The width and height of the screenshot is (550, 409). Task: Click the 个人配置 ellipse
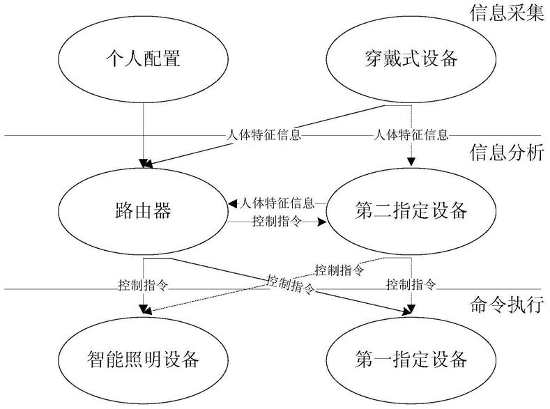tap(142, 59)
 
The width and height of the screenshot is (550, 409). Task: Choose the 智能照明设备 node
tap(142, 360)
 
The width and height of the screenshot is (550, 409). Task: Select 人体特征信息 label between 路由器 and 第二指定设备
tap(277, 204)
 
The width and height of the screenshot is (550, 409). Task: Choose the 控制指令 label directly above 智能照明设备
tap(142, 285)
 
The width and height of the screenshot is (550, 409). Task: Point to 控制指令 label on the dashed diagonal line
tap(339, 269)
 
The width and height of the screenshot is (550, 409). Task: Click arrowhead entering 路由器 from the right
tap(233, 204)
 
